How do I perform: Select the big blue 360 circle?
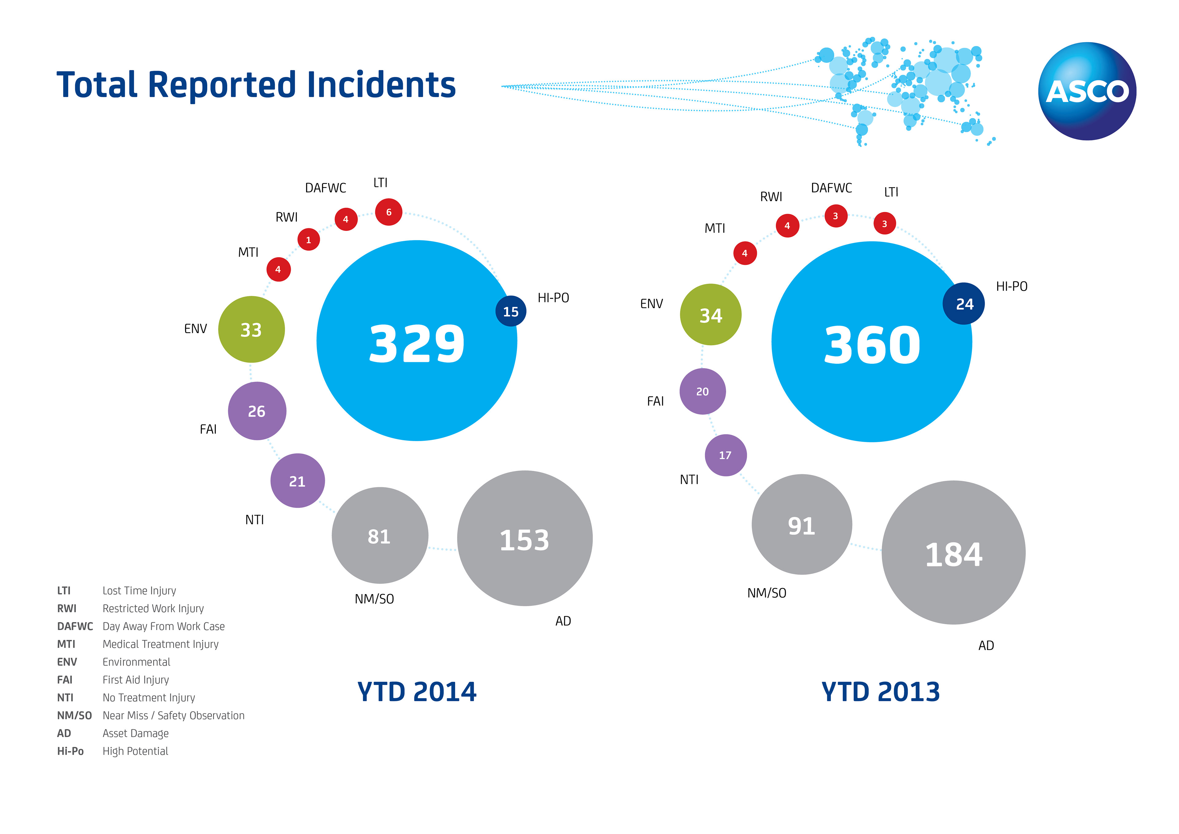click(871, 342)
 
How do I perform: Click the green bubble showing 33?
click(251, 329)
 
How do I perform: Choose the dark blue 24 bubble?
click(963, 304)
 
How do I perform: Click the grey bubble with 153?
click(524, 538)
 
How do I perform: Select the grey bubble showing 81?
click(379, 535)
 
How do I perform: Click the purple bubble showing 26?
click(257, 411)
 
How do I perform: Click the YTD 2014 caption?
click(416, 692)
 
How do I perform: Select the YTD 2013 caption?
click(880, 692)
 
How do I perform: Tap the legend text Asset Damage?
click(136, 733)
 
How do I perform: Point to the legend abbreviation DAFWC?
click(75, 626)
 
